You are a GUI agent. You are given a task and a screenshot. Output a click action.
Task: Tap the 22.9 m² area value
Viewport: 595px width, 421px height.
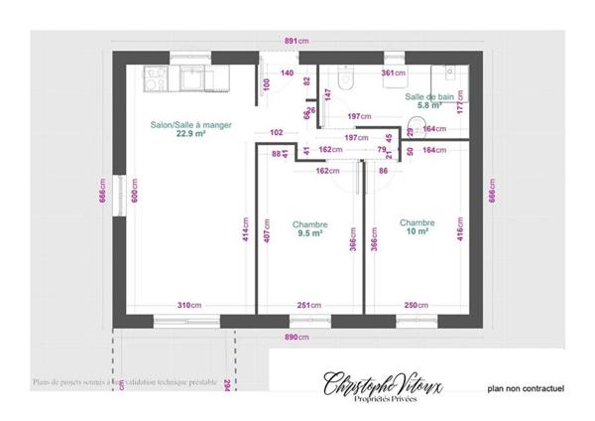tap(190, 133)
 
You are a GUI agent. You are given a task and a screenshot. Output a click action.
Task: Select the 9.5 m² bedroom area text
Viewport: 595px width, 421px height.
tap(309, 234)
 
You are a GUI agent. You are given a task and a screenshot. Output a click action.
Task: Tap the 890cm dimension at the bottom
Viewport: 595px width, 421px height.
tap(296, 338)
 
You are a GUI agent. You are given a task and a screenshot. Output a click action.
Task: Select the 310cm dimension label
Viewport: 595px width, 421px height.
tap(189, 305)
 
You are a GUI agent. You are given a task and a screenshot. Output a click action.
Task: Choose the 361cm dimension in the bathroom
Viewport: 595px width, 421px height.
tap(394, 73)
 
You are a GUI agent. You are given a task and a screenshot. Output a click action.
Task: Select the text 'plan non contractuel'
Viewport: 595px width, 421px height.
tap(525, 389)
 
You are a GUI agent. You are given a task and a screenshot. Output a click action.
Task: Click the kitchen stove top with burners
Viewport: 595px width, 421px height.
tap(155, 74)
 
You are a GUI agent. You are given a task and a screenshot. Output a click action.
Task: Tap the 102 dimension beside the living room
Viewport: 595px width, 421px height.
tap(277, 132)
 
